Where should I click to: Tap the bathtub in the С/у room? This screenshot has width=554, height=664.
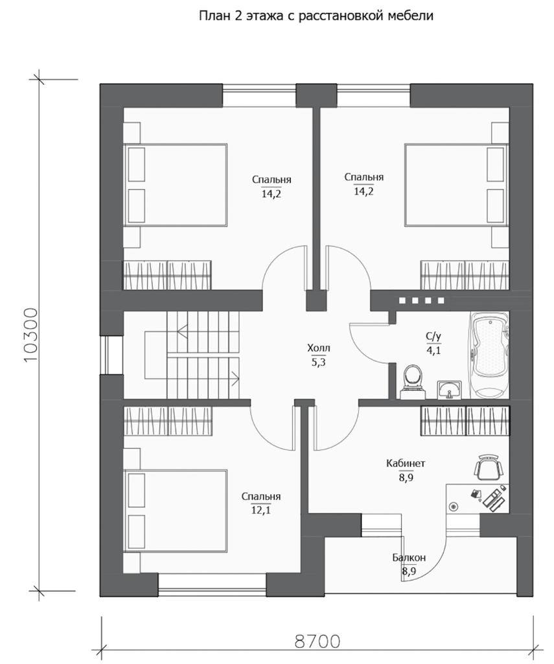pyautogui.click(x=491, y=355)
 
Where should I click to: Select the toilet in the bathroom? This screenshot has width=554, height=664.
pyautogui.click(x=412, y=379)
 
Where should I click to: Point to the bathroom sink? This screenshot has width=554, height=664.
pyautogui.click(x=449, y=388)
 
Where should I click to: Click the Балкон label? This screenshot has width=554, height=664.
pyautogui.click(x=409, y=558)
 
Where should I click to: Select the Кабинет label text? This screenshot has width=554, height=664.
pyautogui.click(x=406, y=464)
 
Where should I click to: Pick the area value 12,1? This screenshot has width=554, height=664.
pyautogui.click(x=261, y=510)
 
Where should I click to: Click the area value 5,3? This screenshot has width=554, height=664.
pyautogui.click(x=317, y=362)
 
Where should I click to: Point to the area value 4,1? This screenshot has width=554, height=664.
pyautogui.click(x=433, y=350)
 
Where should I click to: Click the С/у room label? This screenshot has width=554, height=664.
pyautogui.click(x=433, y=337)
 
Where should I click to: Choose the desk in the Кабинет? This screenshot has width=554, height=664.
pyautogui.click(x=478, y=498)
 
